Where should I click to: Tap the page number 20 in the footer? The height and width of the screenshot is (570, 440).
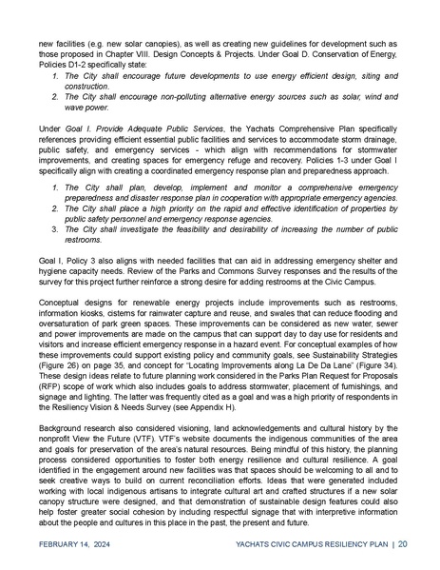click(404, 544)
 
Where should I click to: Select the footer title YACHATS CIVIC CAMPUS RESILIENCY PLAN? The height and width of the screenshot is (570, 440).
click(310, 544)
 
